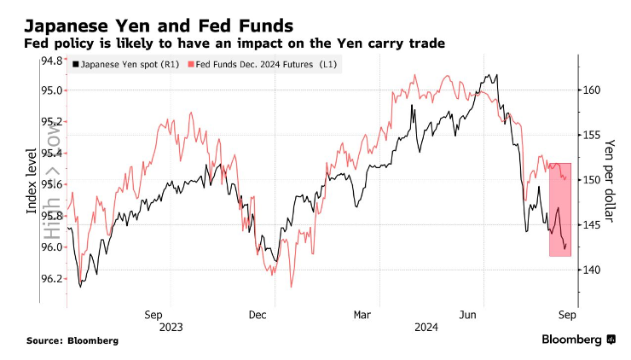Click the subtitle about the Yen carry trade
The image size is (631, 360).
coord(235,43)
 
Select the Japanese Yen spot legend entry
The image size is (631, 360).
coord(125,65)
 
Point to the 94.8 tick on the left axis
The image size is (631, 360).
coord(52,60)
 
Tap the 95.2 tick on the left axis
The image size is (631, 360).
coord(52,121)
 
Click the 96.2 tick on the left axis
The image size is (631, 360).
coord(52,278)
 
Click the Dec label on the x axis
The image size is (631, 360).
coord(260,313)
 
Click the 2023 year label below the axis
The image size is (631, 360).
coord(171,327)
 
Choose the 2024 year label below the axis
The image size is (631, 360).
coord(427,327)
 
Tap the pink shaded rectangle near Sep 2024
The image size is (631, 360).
coord(560,209)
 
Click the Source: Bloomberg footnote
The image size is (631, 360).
coord(72,340)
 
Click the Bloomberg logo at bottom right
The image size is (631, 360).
coord(577,340)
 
